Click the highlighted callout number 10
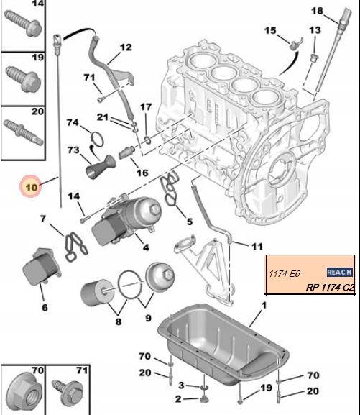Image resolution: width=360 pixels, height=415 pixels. click(30, 188)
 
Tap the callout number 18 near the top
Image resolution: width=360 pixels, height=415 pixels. click(317, 10)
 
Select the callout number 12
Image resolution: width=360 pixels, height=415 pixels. click(126, 47)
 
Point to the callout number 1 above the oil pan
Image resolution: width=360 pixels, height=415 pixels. click(263, 306)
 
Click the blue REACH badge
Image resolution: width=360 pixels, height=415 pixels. click(339, 272)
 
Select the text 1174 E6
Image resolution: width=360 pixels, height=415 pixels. click(282, 273)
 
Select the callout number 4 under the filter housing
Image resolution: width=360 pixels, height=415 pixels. click(146, 248)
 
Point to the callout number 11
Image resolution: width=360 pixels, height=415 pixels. click(257, 246)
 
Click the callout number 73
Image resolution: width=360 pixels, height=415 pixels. click(73, 150)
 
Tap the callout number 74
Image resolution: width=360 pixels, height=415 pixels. click(73, 122)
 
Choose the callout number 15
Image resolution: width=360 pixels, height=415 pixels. click(270, 30)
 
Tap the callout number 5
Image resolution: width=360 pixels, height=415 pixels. click(189, 221)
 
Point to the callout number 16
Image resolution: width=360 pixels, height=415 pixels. click(142, 173)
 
